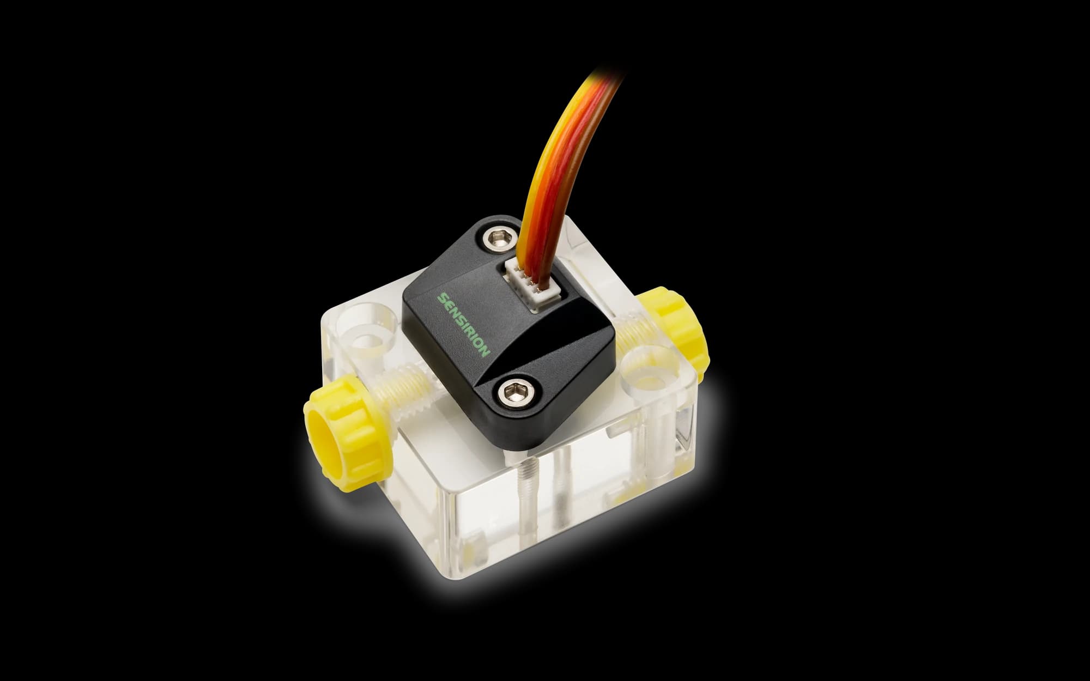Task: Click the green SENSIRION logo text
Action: click(x=465, y=325)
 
